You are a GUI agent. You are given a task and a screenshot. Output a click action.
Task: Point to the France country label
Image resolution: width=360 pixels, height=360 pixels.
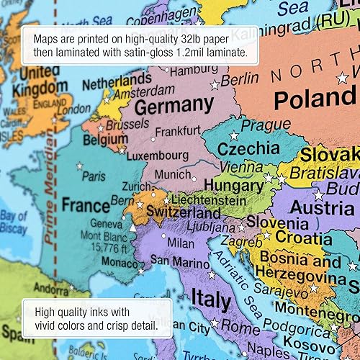coord(86,205)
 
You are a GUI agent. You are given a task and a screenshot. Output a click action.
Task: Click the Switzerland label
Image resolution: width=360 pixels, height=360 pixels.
coord(184,214)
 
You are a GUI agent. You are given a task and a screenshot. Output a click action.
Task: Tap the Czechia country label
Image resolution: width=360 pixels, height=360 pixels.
coord(249,148)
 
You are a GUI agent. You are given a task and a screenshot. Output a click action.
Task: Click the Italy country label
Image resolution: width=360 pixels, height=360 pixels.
coord(211,299)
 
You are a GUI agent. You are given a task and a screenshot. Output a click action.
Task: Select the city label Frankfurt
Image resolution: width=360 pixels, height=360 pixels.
coord(177,132)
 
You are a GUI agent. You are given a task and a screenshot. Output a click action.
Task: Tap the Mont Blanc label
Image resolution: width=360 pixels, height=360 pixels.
coord(101,235)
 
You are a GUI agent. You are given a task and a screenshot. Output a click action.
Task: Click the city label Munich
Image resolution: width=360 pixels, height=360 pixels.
coord(173,174)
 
